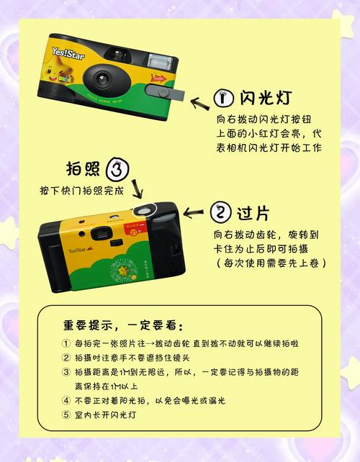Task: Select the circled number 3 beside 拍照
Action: click(x=118, y=171)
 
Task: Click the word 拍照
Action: click(x=83, y=170)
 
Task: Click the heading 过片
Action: click(x=253, y=213)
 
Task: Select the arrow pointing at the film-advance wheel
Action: click(x=194, y=212)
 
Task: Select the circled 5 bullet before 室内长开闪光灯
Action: click(x=66, y=415)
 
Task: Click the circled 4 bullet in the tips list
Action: click(x=66, y=400)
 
